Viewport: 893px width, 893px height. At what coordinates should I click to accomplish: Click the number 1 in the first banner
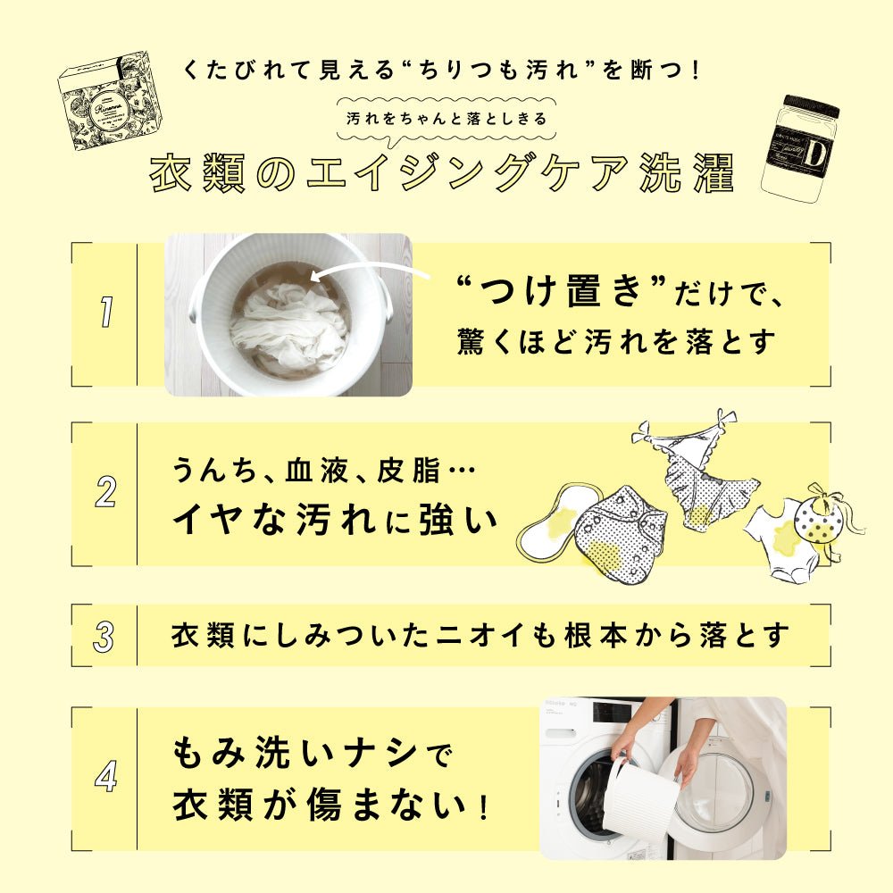click(105, 312)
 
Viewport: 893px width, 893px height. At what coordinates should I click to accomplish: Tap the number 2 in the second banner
click(106, 492)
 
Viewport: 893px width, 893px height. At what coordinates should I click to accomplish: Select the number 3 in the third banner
click(104, 636)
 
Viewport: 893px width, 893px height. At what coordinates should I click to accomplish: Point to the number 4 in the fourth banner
click(106, 776)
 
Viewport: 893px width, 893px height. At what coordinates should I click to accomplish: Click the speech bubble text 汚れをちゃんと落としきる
click(446, 119)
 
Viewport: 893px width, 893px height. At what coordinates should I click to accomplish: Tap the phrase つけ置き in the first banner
click(562, 291)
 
